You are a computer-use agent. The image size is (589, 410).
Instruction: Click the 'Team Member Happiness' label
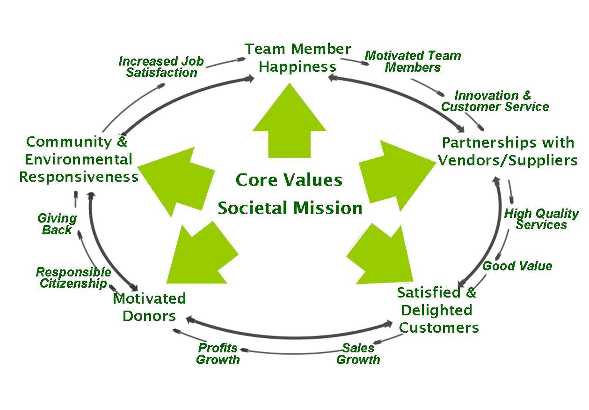[298, 58]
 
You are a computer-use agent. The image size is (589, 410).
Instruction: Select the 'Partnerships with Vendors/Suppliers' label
[508, 151]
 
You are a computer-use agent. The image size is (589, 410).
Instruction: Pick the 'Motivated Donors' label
[149, 307]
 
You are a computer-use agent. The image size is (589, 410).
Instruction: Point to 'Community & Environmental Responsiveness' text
[79, 159]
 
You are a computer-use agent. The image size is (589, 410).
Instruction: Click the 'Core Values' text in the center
[289, 180]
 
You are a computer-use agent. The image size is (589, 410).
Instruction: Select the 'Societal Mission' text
[290, 208]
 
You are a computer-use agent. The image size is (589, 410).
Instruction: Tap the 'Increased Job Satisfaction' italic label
[161, 67]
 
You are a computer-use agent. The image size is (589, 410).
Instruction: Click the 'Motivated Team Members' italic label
[413, 61]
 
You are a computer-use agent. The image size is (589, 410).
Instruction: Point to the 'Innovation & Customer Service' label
[494, 101]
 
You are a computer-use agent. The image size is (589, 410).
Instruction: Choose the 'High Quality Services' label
[541, 219]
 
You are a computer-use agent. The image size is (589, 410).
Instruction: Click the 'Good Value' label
[517, 266]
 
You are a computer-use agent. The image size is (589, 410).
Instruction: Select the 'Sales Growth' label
[358, 354]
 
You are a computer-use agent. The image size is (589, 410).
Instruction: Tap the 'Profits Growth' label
[218, 354]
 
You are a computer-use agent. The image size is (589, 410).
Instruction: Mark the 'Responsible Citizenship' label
[73, 278]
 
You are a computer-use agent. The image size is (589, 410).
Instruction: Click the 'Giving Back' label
[57, 224]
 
